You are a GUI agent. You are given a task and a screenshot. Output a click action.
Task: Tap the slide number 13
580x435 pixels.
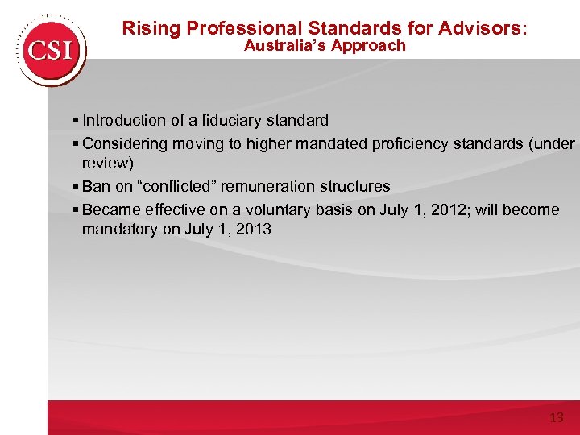556,418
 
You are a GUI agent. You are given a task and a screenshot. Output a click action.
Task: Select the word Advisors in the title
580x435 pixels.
481,28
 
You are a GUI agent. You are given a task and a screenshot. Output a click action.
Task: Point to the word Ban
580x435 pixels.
97,186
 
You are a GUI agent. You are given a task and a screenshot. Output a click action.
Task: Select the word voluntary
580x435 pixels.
283,210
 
